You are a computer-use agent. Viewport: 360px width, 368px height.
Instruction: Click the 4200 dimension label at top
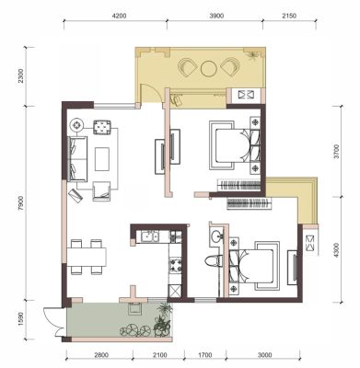(119, 16)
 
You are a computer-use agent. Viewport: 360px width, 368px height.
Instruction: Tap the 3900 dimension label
(216, 16)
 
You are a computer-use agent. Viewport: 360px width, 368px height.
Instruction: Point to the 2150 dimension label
(289, 16)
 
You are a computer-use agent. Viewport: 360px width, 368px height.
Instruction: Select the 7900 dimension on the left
(20, 203)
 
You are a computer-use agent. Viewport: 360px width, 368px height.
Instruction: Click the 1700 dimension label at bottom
(205, 355)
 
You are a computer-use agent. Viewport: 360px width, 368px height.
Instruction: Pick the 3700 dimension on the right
(337, 152)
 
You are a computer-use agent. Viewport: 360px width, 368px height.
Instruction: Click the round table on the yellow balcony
(209, 68)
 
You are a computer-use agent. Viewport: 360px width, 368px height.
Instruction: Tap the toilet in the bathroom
(214, 261)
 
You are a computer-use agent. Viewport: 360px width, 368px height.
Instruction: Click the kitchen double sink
(150, 237)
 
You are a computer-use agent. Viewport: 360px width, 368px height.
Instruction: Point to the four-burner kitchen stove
(176, 265)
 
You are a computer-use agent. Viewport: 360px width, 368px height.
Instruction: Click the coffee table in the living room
(102, 159)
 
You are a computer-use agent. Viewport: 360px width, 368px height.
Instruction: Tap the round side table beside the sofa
(76, 125)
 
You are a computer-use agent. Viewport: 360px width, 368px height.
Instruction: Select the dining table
(87, 257)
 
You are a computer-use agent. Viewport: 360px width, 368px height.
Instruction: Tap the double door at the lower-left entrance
(54, 321)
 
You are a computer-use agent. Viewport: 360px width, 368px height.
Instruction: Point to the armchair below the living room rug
(101, 191)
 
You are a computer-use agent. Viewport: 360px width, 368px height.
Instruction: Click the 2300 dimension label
(20, 76)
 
